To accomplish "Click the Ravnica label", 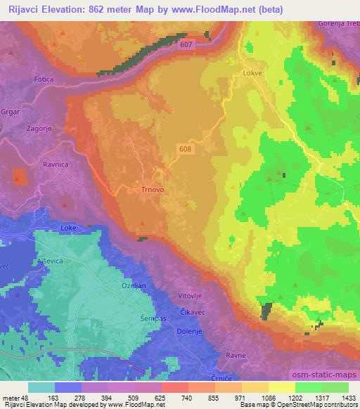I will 57,165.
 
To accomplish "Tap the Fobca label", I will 58,99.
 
